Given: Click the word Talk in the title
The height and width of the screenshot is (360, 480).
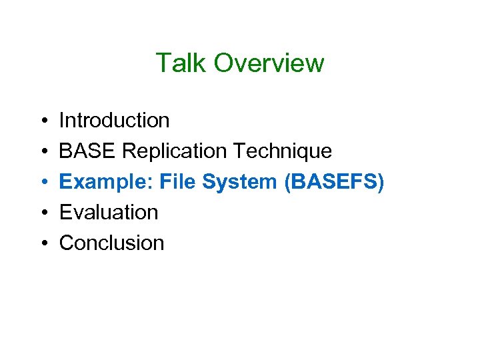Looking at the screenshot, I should pos(181,63).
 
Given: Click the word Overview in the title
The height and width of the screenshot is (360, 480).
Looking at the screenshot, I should pos(269,63).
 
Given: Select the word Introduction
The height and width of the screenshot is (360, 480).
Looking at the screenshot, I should pos(114,121).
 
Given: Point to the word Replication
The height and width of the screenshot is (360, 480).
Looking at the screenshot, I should pos(175,151).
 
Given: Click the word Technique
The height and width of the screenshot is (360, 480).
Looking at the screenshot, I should pos(282,151).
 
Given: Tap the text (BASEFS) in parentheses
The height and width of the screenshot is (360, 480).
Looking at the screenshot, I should pos(334,182).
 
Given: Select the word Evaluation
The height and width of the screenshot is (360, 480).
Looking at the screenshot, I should pos(109,213).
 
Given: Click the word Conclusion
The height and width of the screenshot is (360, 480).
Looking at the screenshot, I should pos(111,243).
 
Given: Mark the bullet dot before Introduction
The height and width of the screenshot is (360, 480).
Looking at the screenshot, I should pos(42,121).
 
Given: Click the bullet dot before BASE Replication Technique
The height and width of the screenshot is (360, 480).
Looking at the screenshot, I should pos(42,152).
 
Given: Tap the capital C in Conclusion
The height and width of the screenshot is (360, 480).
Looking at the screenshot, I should pos(67,243).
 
